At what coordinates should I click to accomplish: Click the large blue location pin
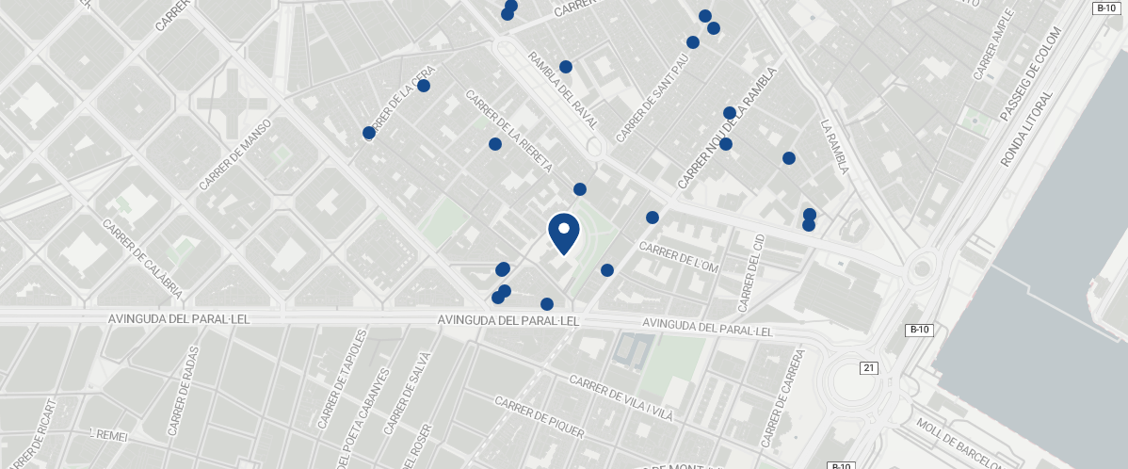pyautogui.click(x=563, y=234)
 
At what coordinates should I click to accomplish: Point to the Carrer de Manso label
pyautogui.click(x=235, y=154)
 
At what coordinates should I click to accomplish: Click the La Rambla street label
pyautogui.click(x=835, y=146)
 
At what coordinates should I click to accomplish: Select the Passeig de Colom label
pyautogui.click(x=1030, y=74)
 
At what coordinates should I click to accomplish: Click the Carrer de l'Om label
pyautogui.click(x=678, y=257)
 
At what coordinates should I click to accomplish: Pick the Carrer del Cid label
pyautogui.click(x=750, y=272)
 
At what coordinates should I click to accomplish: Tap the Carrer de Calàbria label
pyautogui.click(x=141, y=256)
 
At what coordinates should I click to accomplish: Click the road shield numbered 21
pyautogui.click(x=868, y=367)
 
